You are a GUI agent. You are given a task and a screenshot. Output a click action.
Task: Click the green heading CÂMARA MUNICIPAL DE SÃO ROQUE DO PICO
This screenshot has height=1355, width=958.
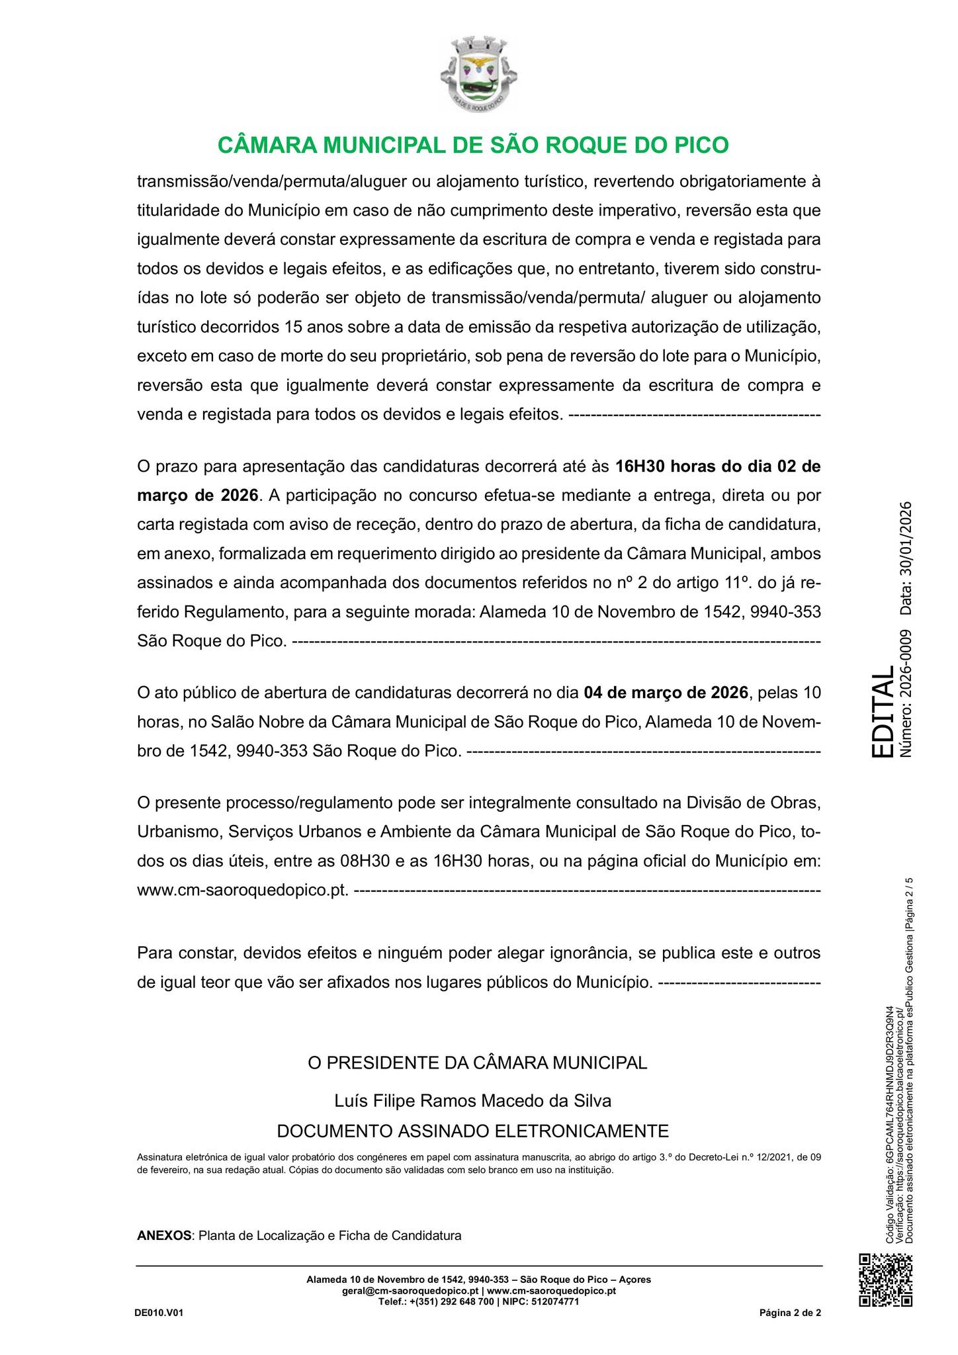coord(473,146)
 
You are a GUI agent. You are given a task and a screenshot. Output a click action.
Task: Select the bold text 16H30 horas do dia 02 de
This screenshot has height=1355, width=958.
coord(718,466)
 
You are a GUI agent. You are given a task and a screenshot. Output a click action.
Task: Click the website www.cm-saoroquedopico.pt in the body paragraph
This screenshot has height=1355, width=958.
coord(242,891)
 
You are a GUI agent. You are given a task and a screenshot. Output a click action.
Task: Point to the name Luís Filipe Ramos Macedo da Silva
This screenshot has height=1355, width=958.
coord(473,1101)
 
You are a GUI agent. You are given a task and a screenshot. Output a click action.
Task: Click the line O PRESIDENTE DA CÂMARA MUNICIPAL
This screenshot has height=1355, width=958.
coord(478,1063)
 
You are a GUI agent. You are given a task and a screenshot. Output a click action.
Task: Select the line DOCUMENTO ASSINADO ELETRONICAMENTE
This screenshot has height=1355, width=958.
coord(473,1130)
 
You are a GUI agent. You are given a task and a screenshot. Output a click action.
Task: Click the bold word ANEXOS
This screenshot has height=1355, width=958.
coord(163,1235)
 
